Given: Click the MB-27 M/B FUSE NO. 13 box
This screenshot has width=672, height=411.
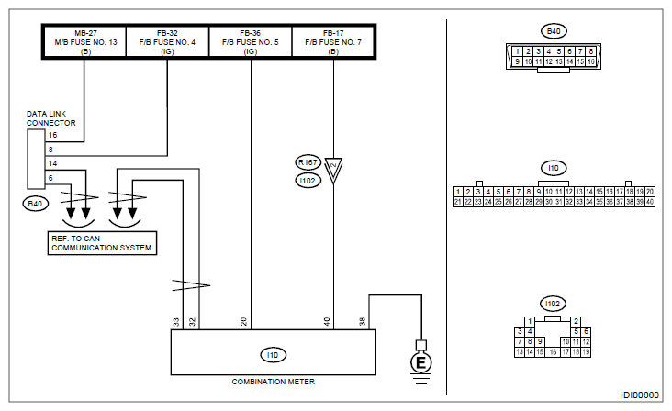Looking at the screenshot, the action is click(85, 41).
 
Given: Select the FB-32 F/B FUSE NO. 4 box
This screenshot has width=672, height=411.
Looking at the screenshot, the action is click(167, 41).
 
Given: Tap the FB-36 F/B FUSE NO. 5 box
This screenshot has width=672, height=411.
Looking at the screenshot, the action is click(251, 41).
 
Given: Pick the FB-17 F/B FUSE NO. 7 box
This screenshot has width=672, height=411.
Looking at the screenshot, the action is click(333, 41).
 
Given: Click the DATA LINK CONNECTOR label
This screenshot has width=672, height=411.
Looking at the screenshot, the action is click(51, 118).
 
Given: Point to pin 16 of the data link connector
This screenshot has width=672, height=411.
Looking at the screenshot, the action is click(52, 135).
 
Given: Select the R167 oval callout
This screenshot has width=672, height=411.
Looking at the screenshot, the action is click(308, 162).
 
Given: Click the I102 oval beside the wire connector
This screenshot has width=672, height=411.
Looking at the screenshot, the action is click(308, 181).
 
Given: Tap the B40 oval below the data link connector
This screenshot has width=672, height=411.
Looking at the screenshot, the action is click(35, 204).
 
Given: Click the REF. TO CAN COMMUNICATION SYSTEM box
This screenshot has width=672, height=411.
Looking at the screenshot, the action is click(102, 243).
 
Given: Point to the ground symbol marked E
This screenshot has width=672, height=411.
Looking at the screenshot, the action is click(420, 362).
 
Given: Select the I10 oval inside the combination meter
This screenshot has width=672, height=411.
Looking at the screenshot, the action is click(273, 355).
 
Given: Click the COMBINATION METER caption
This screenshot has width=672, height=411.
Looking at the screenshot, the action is click(273, 382).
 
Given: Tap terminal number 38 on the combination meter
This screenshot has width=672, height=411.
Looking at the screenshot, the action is click(362, 321).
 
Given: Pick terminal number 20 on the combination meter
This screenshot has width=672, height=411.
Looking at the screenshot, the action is click(244, 321).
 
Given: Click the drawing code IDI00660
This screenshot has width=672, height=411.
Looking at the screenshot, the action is click(640, 394).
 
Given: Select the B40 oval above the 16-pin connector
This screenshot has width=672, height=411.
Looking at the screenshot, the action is click(554, 31).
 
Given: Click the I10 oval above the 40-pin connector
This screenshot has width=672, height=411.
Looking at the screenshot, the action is click(554, 168).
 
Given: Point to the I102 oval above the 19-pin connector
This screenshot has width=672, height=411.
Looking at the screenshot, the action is click(553, 304).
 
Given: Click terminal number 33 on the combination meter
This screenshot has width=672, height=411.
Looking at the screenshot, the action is click(176, 322).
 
